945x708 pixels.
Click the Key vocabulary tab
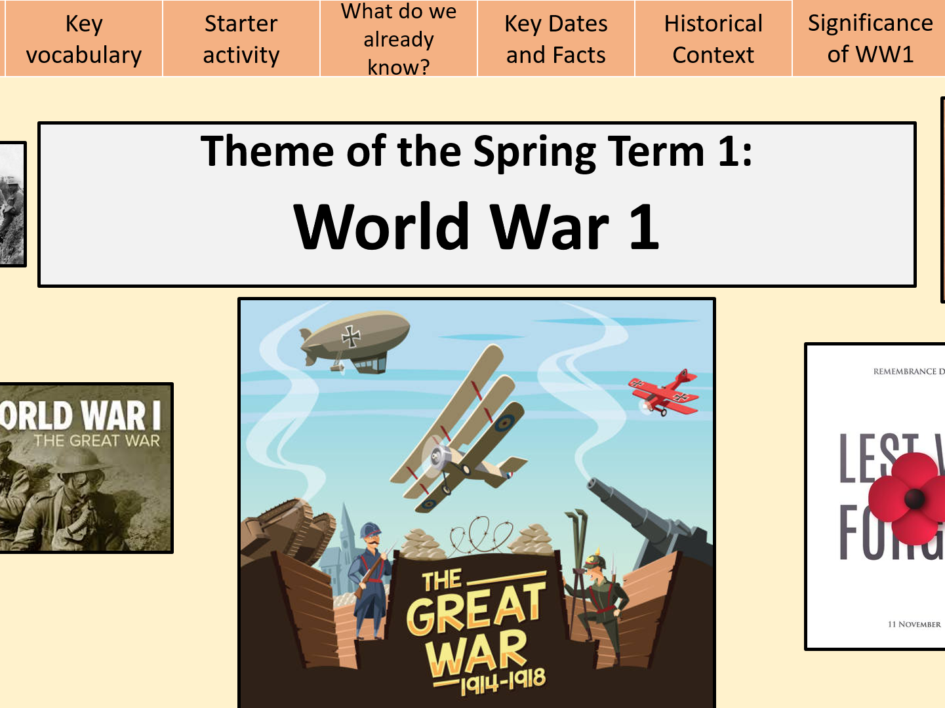click(83, 39)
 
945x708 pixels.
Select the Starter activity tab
click(241, 39)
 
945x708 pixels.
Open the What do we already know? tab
click(398, 39)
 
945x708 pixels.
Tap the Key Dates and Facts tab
click(555, 39)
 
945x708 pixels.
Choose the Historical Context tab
click(713, 39)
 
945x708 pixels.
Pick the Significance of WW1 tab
click(870, 39)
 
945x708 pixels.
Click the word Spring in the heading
click(534, 151)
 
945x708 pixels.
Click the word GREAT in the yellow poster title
click(475, 609)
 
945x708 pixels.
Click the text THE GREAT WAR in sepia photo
click(97, 441)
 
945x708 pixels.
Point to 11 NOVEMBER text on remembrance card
click(914, 624)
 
